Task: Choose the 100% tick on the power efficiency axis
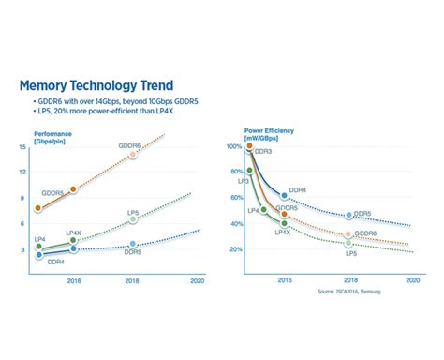tap(234, 146)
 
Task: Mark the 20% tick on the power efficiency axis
tap(235, 249)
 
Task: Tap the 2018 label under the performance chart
tap(132, 279)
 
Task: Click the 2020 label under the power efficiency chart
tap(411, 279)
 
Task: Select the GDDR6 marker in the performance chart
tap(132, 154)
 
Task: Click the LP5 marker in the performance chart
tap(132, 219)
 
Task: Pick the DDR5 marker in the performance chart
tap(132, 244)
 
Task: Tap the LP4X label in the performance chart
tap(75, 231)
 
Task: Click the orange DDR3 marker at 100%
tap(249, 146)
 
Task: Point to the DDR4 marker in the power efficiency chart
tap(285, 196)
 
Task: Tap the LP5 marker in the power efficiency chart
tap(348, 244)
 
